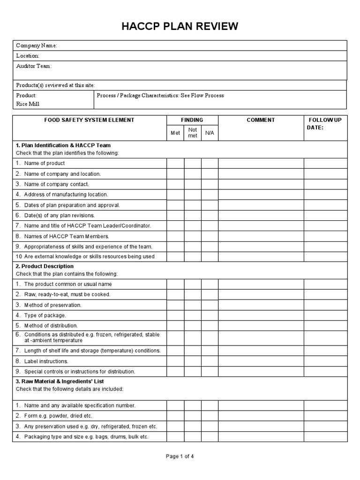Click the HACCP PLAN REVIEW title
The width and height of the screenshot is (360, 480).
[180, 27]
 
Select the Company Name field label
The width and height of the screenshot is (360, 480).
[37, 45]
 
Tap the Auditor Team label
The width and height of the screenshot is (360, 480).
[34, 66]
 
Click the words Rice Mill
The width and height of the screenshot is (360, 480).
[28, 104]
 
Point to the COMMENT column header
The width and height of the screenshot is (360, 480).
[261, 120]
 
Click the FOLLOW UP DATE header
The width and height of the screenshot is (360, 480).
[325, 124]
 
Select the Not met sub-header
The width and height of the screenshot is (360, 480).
[193, 133]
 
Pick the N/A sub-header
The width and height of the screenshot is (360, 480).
[210, 133]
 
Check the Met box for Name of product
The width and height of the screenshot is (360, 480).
[175, 163]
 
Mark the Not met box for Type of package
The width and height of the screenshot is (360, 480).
[193, 315]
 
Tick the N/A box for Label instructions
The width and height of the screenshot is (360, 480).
[210, 361]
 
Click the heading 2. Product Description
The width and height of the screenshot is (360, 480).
[45, 266]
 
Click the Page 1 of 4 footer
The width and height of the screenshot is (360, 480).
[180, 457]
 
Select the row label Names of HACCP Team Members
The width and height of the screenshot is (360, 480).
[66, 236]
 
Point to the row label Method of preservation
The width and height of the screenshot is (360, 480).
[52, 305]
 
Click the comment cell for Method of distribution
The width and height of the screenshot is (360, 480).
[261, 325]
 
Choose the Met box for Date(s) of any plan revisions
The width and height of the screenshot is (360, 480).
[175, 215]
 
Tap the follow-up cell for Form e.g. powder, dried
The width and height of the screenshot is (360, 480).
[325, 416]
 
